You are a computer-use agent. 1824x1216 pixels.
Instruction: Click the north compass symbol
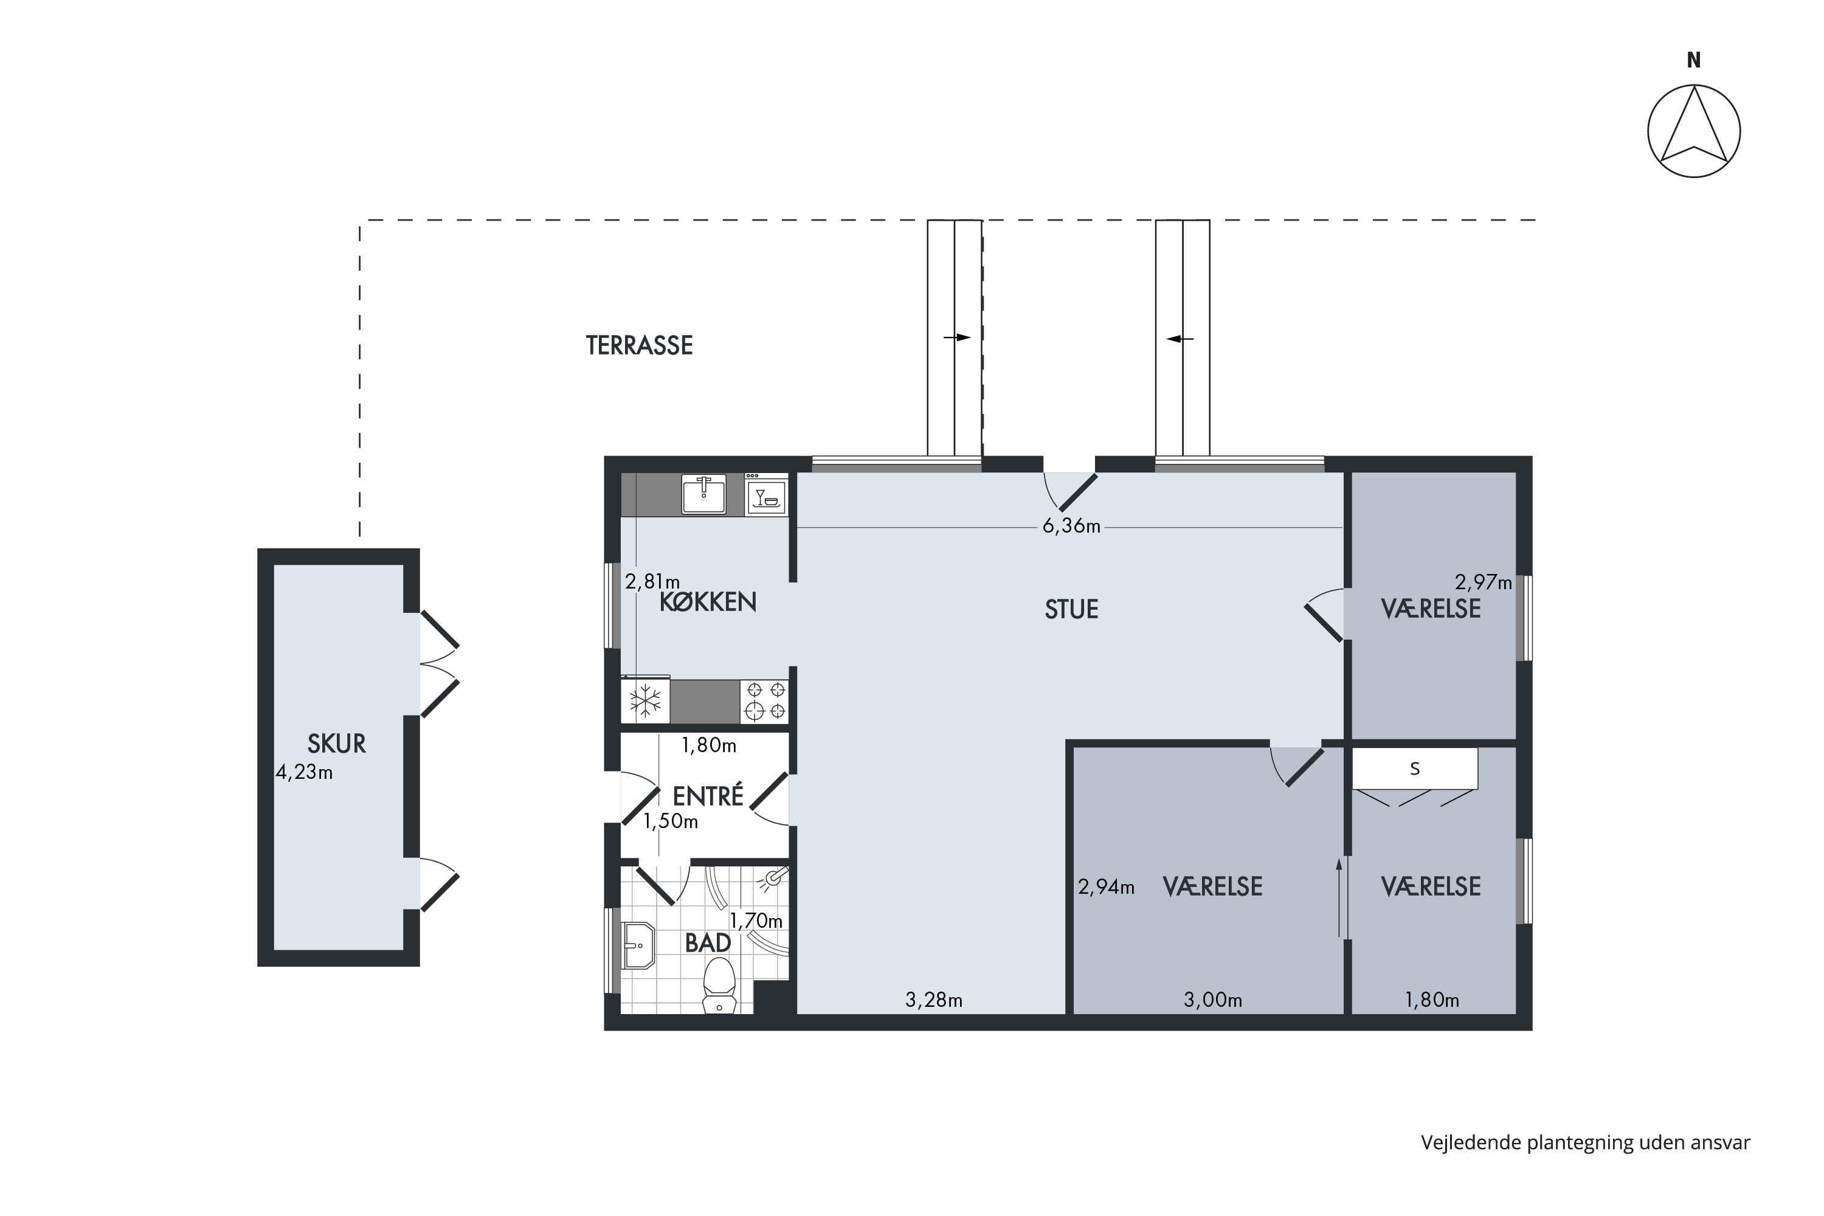click(x=1694, y=130)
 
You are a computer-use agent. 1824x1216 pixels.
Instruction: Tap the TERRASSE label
click(x=639, y=346)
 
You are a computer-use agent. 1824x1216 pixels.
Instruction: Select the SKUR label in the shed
click(x=337, y=744)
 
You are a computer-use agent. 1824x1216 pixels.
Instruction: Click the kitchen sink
click(x=703, y=494)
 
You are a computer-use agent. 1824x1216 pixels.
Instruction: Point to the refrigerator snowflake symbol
click(x=645, y=701)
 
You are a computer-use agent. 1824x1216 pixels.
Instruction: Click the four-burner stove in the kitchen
click(x=765, y=701)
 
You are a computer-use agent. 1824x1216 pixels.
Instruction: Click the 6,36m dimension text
click(x=1071, y=526)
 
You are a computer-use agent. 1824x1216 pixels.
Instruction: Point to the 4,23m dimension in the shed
click(x=304, y=772)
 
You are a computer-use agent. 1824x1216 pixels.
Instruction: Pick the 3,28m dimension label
click(x=934, y=1000)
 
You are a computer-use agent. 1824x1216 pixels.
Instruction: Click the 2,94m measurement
click(x=1106, y=887)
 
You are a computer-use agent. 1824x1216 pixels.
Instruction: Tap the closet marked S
click(x=1415, y=769)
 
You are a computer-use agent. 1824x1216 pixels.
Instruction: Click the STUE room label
click(x=1072, y=610)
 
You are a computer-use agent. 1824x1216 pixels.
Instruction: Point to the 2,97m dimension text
click(x=1483, y=582)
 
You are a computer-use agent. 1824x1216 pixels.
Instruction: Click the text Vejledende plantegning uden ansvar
click(x=1585, y=1143)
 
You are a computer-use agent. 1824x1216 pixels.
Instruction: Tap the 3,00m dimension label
click(x=1213, y=1000)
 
